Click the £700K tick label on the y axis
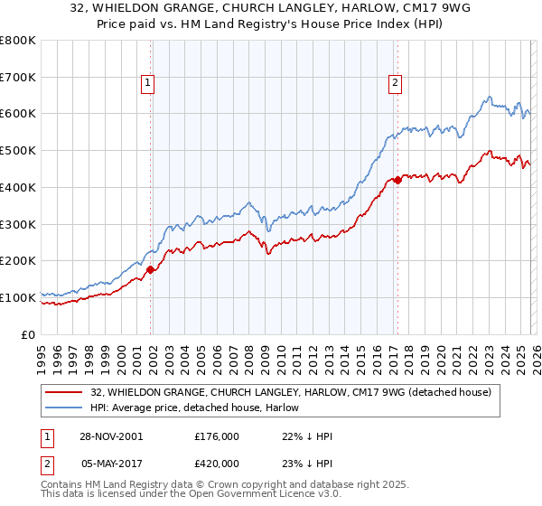[x=18, y=78]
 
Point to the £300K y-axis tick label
[x=18, y=224]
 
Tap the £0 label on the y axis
[x=29, y=334]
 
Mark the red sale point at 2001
[x=151, y=269]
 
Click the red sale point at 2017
[x=397, y=180]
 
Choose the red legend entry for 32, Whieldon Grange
[x=290, y=392]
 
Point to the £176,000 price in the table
[x=216, y=436]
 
